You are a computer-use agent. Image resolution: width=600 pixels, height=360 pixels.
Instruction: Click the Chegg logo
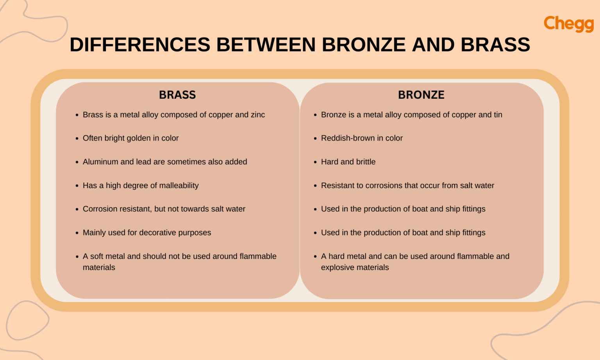568,24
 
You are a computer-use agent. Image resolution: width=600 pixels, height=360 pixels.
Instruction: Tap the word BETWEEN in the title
266,45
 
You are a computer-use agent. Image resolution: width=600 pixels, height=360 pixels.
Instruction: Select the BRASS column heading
177,95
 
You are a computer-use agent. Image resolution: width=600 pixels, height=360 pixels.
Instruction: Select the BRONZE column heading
421,95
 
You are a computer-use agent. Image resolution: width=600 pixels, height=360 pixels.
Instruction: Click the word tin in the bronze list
498,115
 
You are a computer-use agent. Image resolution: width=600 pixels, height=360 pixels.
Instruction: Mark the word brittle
366,162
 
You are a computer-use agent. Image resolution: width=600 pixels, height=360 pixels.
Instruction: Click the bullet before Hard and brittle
315,162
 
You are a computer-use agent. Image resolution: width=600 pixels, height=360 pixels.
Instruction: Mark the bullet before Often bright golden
77,139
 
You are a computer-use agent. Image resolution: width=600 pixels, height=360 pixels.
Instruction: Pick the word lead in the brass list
143,162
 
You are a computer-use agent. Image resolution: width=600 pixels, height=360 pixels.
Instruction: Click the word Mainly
94,233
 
